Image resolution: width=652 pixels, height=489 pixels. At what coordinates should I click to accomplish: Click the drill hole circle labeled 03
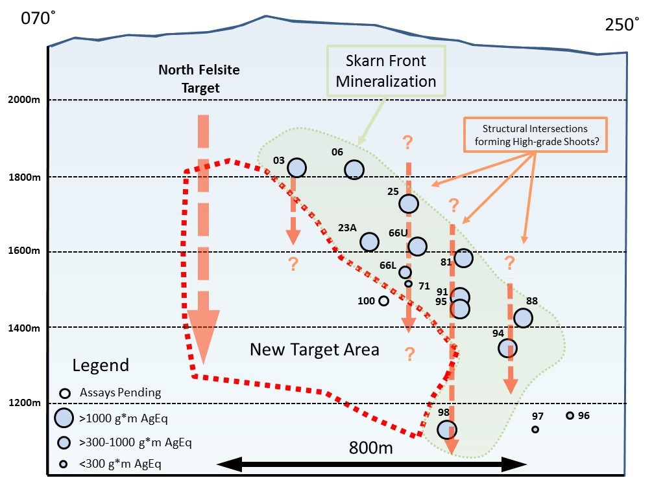[297, 168]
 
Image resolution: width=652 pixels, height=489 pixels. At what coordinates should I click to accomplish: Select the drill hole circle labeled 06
[354, 170]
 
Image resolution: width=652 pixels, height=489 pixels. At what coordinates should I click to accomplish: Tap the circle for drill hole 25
[409, 203]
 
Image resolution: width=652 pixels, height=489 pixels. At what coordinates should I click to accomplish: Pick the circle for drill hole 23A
[369, 242]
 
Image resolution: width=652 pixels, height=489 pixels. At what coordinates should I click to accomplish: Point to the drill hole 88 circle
[523, 318]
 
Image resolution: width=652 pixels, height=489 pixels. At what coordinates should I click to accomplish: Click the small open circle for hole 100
[383, 301]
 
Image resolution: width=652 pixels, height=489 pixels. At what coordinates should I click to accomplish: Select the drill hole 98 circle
[447, 429]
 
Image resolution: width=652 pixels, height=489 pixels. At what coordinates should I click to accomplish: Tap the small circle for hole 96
[570, 416]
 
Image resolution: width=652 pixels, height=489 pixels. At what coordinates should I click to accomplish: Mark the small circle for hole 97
[536, 429]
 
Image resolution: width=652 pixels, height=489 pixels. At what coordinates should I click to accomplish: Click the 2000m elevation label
[24, 100]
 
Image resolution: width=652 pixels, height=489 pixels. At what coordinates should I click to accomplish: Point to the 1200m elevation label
[25, 403]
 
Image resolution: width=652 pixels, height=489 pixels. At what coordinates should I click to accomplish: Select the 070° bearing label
[38, 18]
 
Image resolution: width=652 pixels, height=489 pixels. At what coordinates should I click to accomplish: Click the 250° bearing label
[622, 25]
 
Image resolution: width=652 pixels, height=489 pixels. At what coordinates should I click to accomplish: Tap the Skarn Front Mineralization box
[386, 71]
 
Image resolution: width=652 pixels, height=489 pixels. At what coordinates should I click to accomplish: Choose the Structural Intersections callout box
[536, 135]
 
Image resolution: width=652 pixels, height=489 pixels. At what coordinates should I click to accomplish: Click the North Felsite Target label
[199, 79]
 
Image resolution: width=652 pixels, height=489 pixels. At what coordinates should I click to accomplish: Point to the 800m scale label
[371, 448]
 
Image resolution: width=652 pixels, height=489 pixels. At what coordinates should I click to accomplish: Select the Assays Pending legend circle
[65, 393]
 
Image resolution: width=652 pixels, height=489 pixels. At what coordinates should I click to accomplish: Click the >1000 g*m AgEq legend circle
[64, 418]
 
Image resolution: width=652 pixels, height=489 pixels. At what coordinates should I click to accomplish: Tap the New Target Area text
[315, 350]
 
